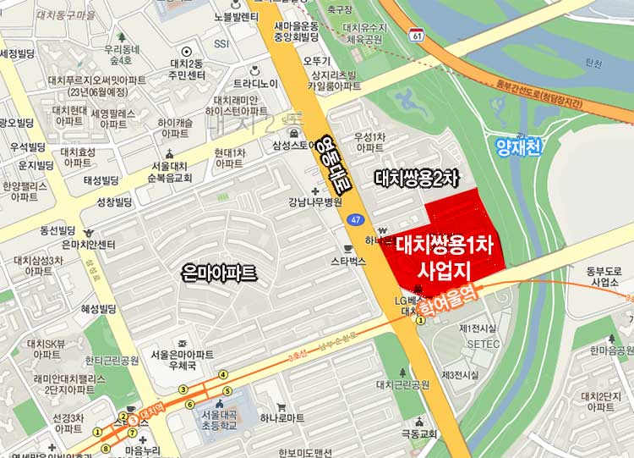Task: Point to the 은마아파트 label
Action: [x=218, y=273]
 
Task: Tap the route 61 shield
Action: [x=417, y=34]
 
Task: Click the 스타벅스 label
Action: [x=348, y=262]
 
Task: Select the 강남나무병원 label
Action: [x=314, y=202]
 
